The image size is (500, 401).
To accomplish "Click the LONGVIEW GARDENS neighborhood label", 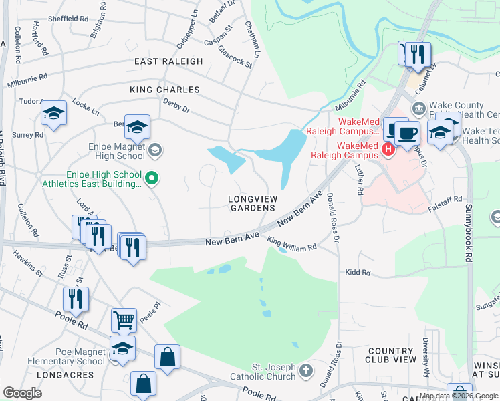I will pyautogui.click(x=251, y=203).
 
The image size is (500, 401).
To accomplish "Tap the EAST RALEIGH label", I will pyautogui.click(x=168, y=61).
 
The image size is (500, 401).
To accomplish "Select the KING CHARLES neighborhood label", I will pyautogui.click(x=165, y=90).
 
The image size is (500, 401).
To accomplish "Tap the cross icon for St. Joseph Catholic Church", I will pyautogui.click(x=305, y=370).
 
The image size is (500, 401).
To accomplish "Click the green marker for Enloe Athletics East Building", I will pyautogui.click(x=152, y=178).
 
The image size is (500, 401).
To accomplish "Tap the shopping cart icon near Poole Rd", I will pyautogui.click(x=124, y=320).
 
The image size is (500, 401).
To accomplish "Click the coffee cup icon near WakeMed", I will pyautogui.click(x=406, y=132).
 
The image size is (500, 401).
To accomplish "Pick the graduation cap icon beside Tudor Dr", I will pyautogui.click(x=53, y=113).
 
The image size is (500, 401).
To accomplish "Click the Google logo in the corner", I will pyautogui.click(x=22, y=393).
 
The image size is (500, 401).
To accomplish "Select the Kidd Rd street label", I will pyautogui.click(x=358, y=273).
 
